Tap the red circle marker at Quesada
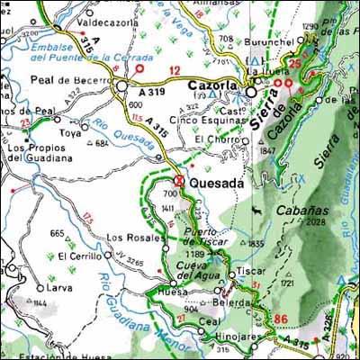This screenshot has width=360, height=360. click(179, 181)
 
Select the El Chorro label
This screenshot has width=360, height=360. click(215, 139)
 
